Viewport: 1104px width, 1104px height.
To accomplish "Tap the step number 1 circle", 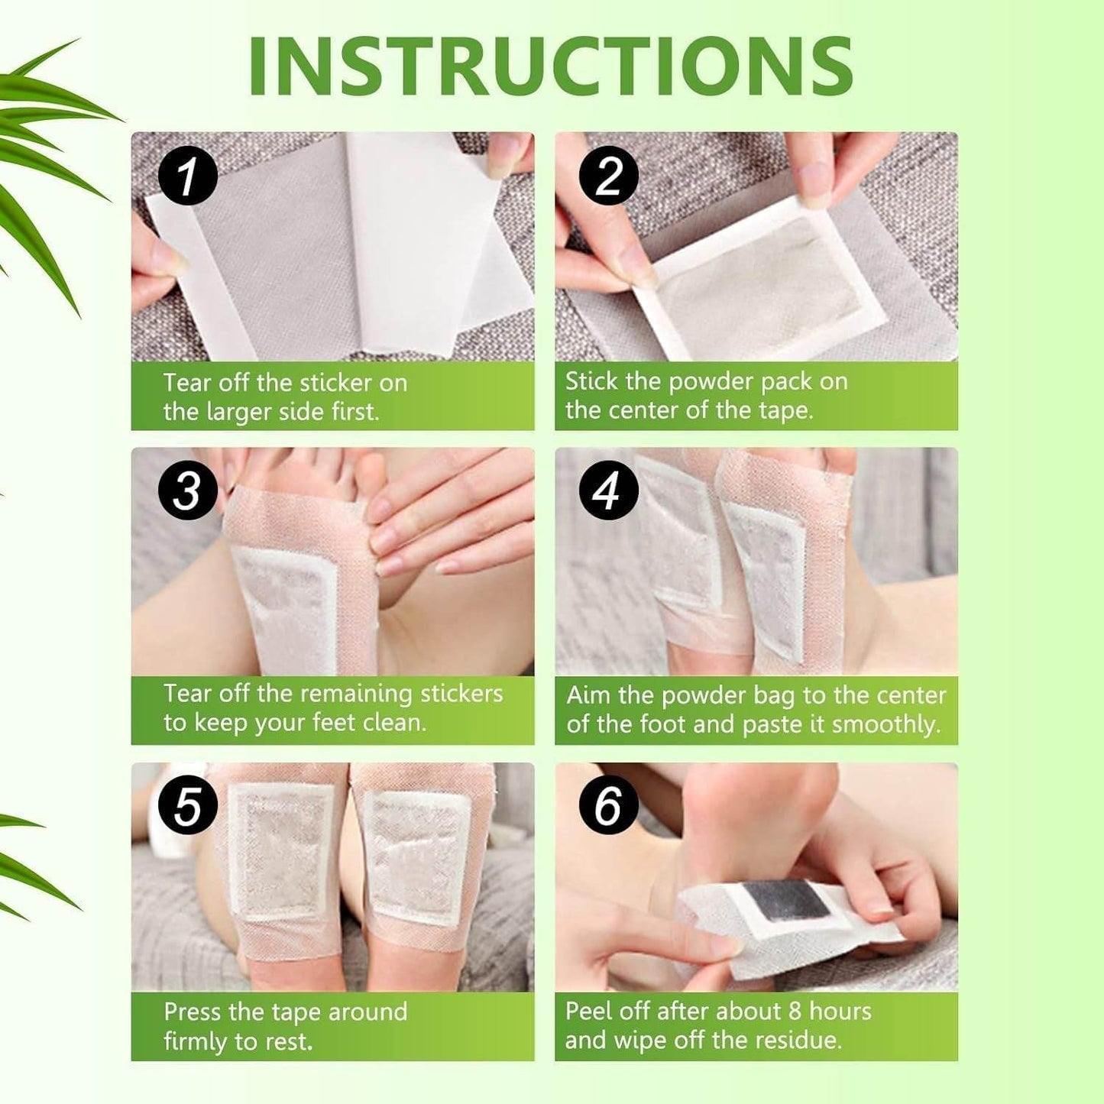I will pos(188,176).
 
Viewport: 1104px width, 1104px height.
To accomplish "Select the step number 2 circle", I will pos(608,176).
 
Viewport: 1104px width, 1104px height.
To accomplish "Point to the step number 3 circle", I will pos(188,490).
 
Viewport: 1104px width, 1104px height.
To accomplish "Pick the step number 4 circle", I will pos(608,490).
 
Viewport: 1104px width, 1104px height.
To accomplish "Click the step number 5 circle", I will pos(188,806).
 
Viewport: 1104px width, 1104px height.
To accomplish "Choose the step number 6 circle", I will pos(608,806).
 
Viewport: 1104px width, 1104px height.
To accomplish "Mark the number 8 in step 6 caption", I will pos(795,1012).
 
